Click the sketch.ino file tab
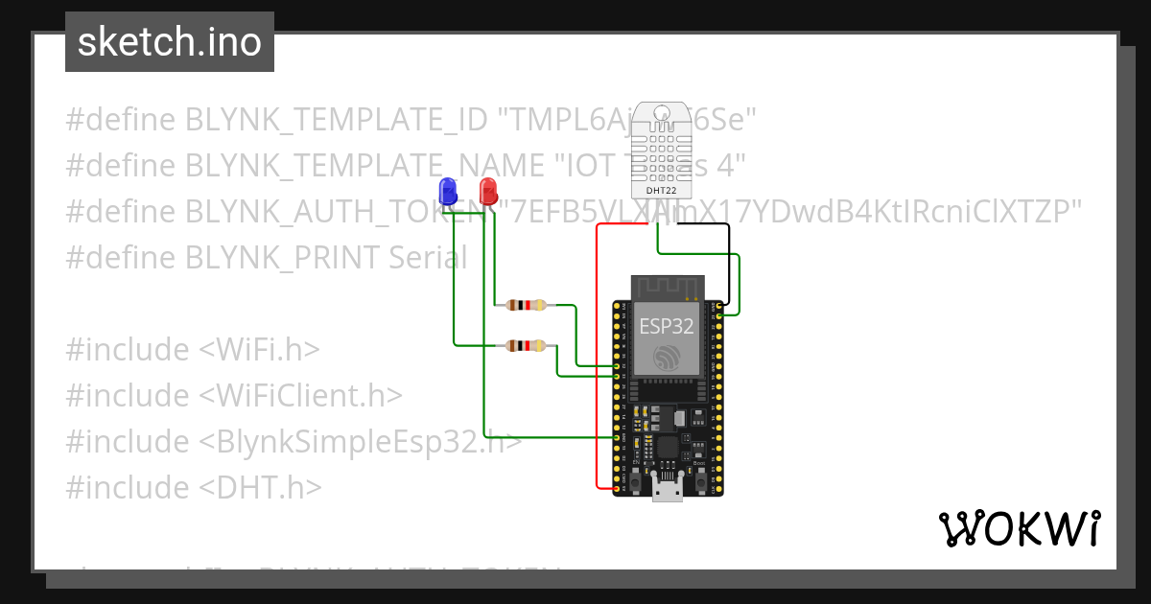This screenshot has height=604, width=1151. click(x=170, y=42)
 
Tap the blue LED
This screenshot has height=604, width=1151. click(x=447, y=189)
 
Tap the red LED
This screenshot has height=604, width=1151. click(x=488, y=189)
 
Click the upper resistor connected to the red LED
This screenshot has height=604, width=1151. click(x=526, y=306)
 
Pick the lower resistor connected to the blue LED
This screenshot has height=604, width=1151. click(x=526, y=346)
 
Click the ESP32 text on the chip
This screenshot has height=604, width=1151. click(x=667, y=325)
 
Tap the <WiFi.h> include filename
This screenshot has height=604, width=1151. click(x=259, y=350)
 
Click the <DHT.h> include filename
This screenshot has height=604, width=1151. click(x=260, y=488)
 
